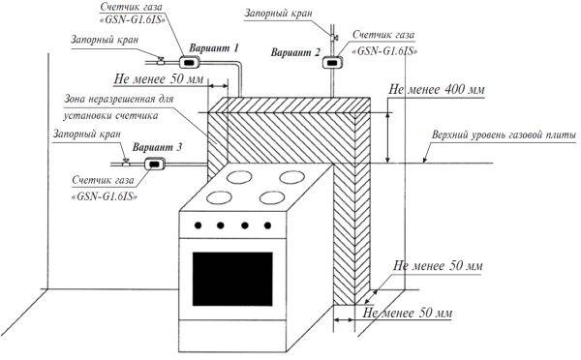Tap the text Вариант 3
click(x=156, y=145)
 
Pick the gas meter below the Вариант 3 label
click(x=153, y=164)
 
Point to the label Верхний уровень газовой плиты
click(x=506, y=134)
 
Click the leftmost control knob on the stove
click(x=199, y=225)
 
